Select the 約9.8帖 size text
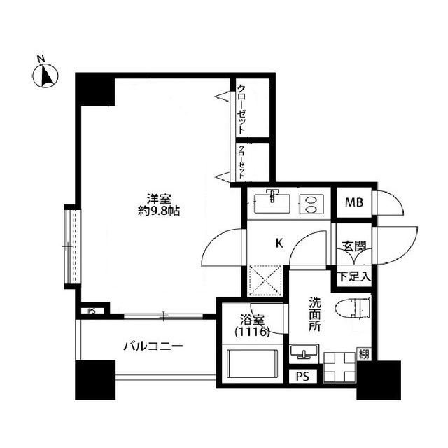coord(159,211)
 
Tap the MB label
coord(353,203)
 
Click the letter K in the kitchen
coord(278,244)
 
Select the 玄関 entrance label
coord(353,246)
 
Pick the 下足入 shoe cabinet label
coord(354,277)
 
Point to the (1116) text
coord(251,333)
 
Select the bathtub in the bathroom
coord(251,365)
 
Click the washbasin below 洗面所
coord(304,351)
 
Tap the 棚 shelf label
coord(364,354)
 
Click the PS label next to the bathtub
coord(302,376)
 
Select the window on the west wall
coord(70,246)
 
